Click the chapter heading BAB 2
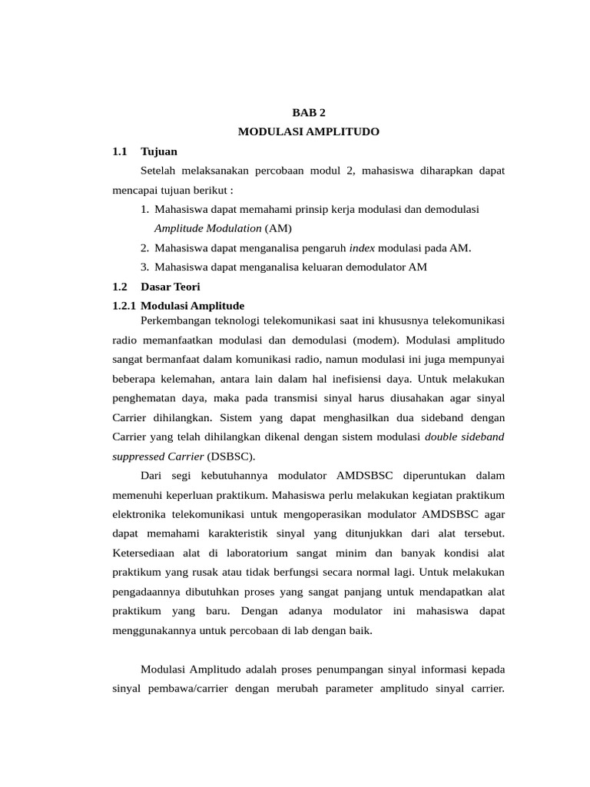point(309,112)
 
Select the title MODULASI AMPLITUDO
point(309,132)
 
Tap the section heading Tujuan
point(159,151)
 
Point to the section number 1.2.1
point(124,306)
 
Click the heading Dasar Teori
point(171,287)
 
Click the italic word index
point(361,247)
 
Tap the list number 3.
point(144,267)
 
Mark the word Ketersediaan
point(146,553)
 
